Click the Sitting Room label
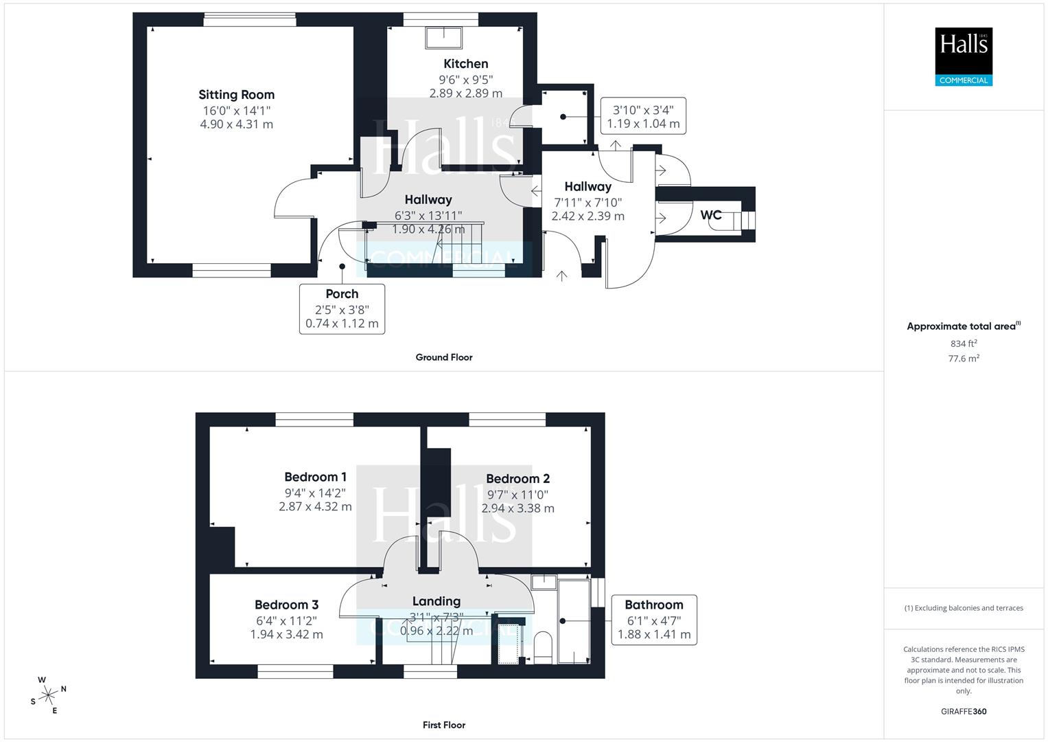click(236, 95)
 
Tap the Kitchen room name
click(465, 64)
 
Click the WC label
click(711, 215)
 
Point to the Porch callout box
click(342, 308)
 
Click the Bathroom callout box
click(653, 620)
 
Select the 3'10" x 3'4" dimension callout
click(643, 116)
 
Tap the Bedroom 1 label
click(315, 477)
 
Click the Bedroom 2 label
click(517, 479)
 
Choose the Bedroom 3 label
click(286, 605)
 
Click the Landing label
click(436, 601)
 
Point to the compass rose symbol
click(48, 695)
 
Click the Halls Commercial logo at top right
click(964, 56)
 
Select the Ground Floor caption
click(443, 357)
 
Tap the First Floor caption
click(443, 725)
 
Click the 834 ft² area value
click(964, 344)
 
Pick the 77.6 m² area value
click(964, 359)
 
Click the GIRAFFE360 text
click(964, 712)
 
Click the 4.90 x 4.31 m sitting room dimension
click(236, 124)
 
